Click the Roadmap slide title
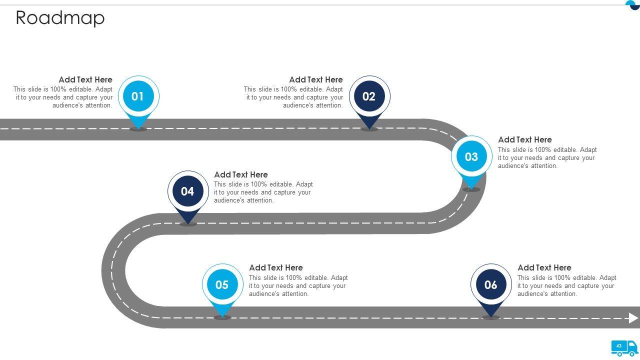pos(60,18)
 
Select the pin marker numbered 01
pos(138,96)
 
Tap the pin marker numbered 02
pos(369,96)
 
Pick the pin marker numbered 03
pos(471,157)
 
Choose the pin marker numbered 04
pos(187,191)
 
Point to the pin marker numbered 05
pos(222,285)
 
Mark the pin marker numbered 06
pos(491,285)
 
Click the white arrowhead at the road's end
pos(633,318)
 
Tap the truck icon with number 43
pos(624,347)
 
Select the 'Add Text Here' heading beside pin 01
pos(85,79)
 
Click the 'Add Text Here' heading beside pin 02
pos(316,79)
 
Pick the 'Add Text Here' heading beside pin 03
pos(525,139)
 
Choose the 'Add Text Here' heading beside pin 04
pos(241,174)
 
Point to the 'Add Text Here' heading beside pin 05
pos(276,267)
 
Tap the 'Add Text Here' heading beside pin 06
pos(544,267)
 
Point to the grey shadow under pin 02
pos(369,129)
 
